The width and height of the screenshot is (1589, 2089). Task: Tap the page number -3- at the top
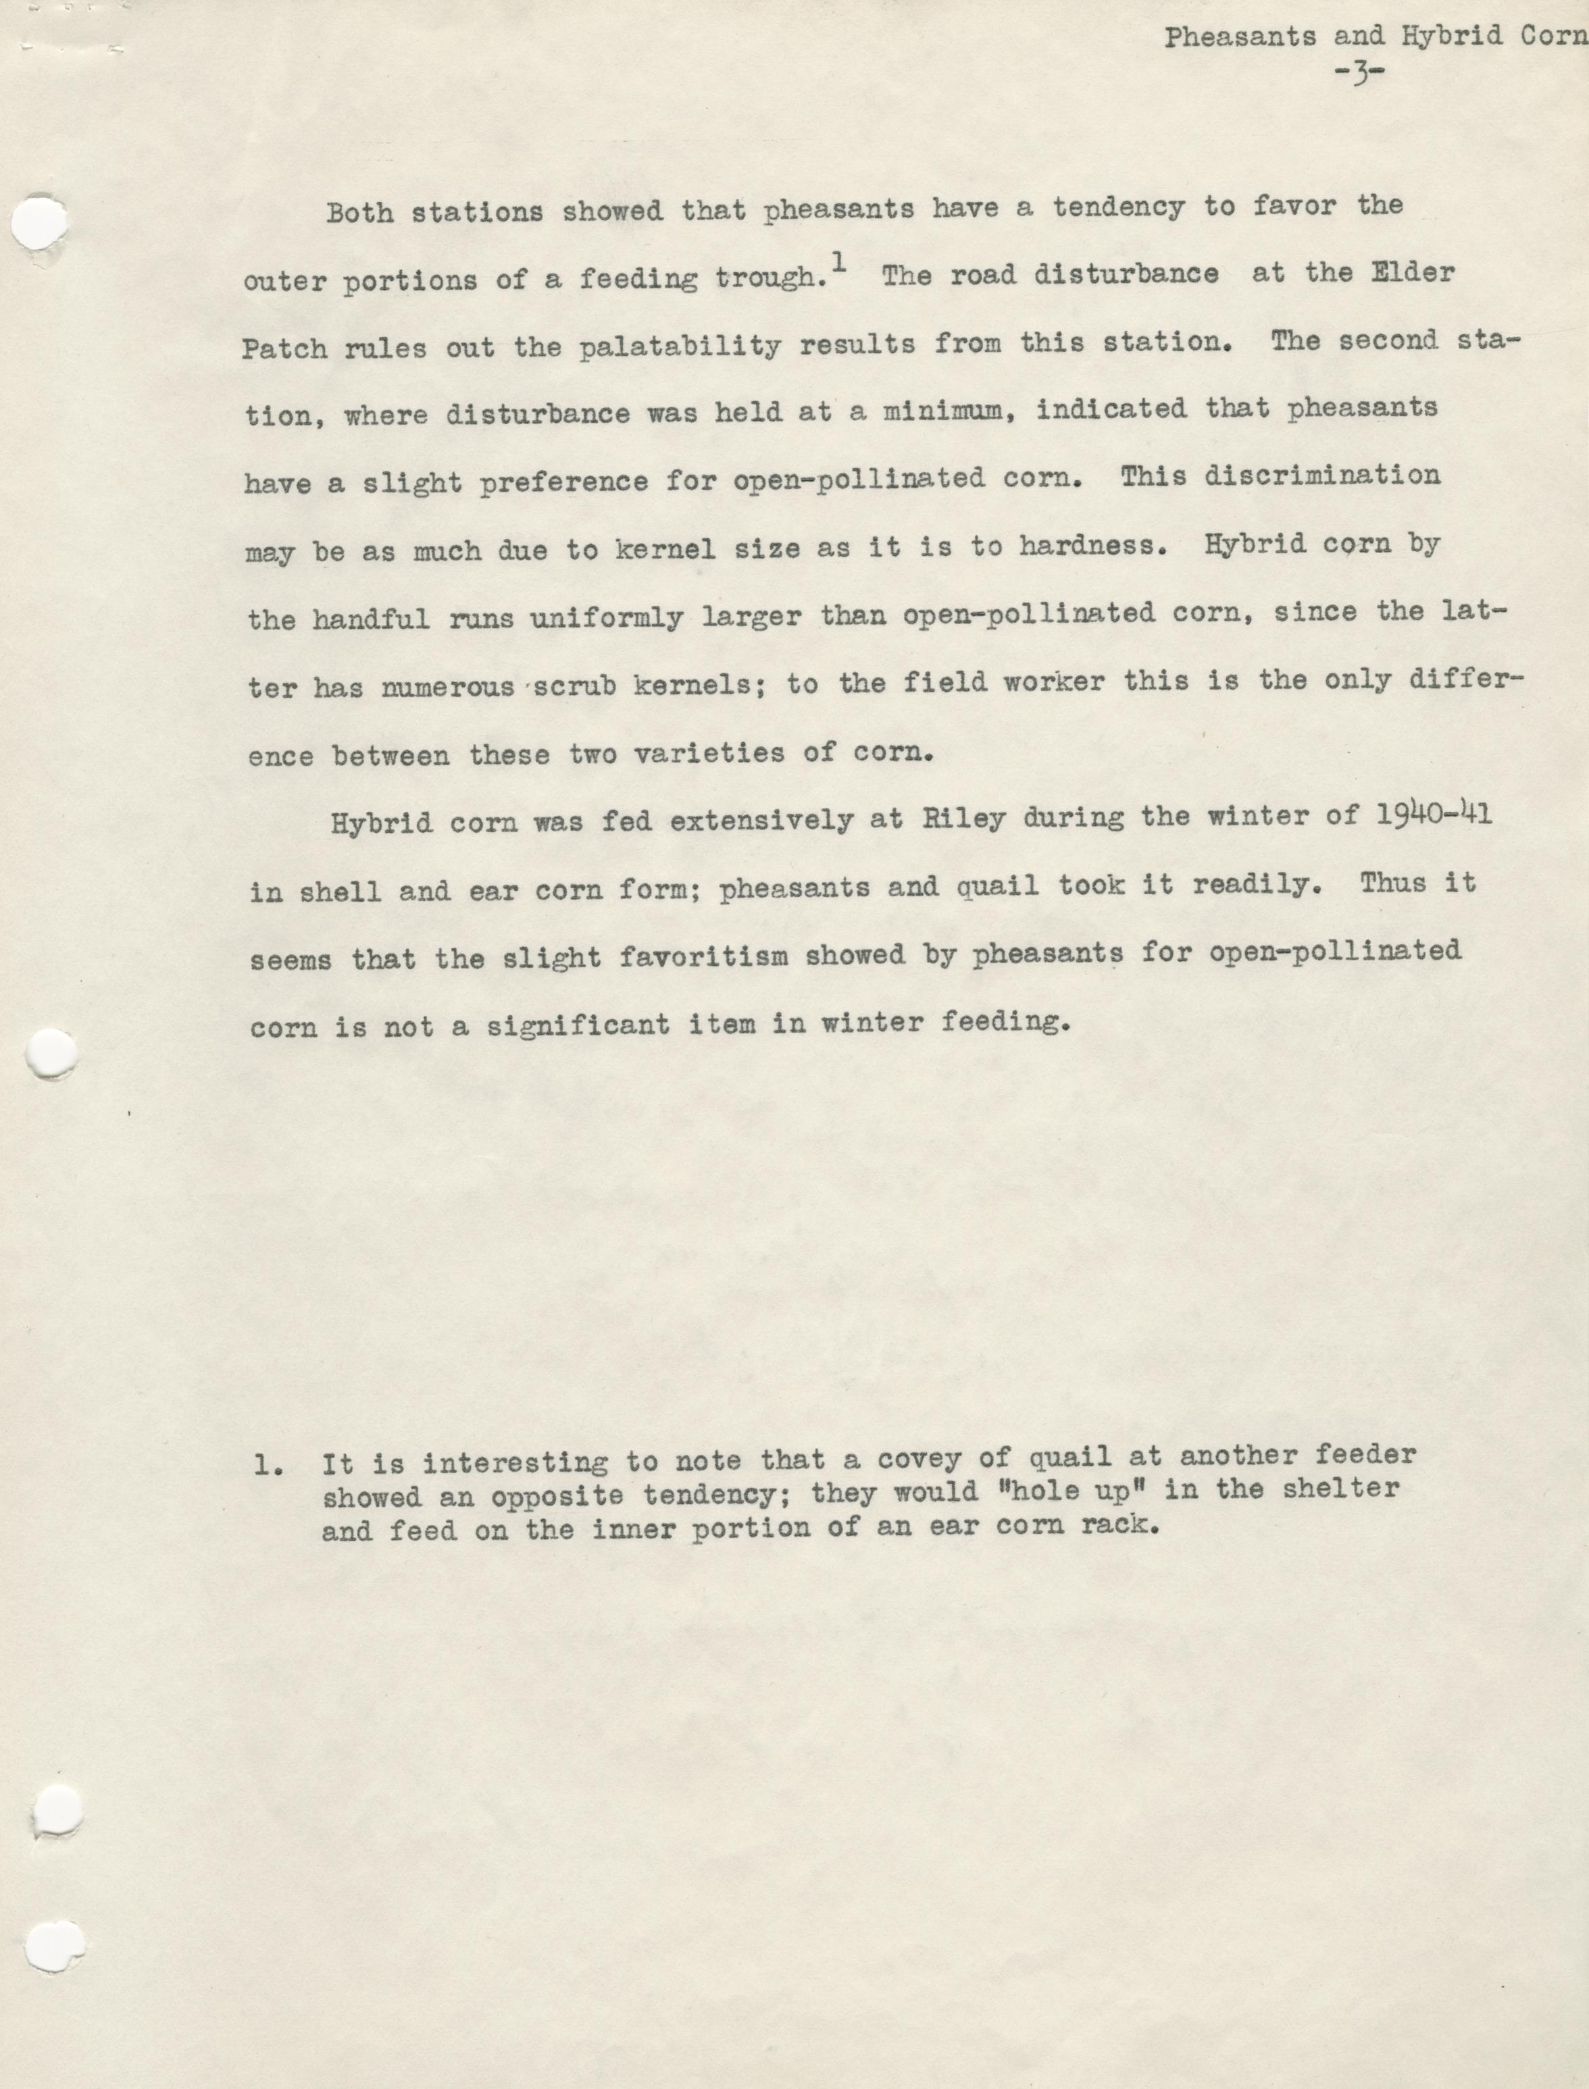point(1361,74)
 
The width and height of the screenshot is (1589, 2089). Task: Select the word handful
point(372,619)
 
